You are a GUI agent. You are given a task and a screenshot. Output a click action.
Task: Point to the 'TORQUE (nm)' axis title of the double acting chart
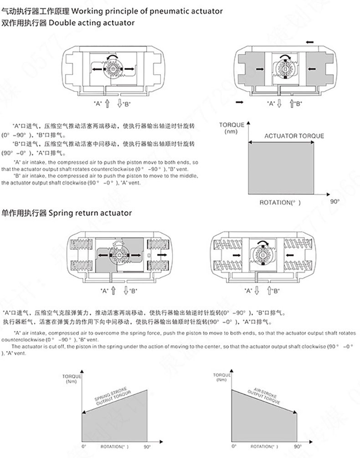231,128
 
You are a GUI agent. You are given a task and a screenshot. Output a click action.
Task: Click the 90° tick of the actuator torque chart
335,201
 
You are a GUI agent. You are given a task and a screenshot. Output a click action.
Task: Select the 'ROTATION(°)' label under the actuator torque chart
280,202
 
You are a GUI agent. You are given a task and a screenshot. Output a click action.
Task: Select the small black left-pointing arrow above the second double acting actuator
310,42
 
